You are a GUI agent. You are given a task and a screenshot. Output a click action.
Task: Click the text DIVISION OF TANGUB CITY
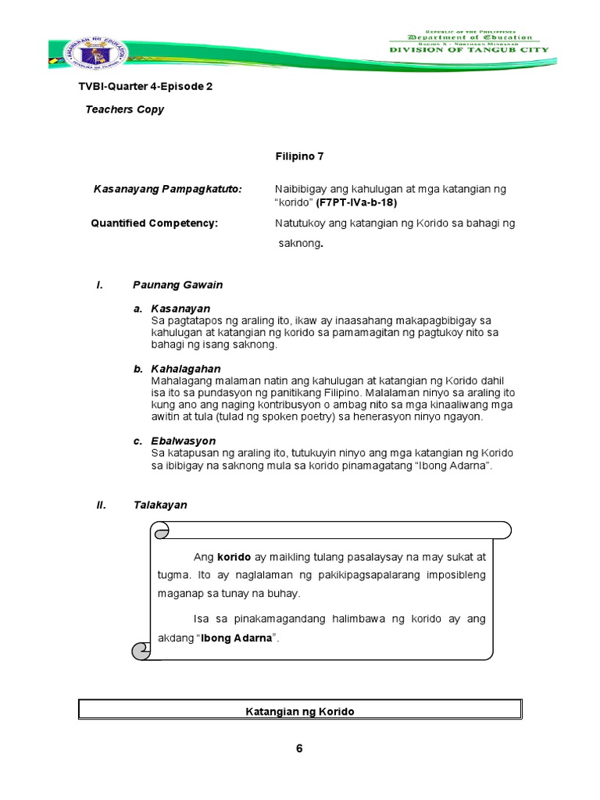click(469, 50)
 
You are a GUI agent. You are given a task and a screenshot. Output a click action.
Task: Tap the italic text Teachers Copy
click(124, 109)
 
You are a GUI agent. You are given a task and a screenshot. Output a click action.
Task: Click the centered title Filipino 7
click(299, 156)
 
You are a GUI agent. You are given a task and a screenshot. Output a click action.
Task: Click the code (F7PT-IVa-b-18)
click(356, 203)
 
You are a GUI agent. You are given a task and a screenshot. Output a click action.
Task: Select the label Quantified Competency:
click(155, 223)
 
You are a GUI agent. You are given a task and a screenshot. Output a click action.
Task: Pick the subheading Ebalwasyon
click(184, 441)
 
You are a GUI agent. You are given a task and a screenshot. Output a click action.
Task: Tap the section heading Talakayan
click(160, 505)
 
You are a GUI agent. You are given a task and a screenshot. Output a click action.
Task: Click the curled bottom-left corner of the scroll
click(142, 649)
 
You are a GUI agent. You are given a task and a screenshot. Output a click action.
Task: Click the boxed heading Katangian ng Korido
click(300, 711)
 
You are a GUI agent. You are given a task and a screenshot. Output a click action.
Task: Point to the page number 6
click(299, 748)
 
